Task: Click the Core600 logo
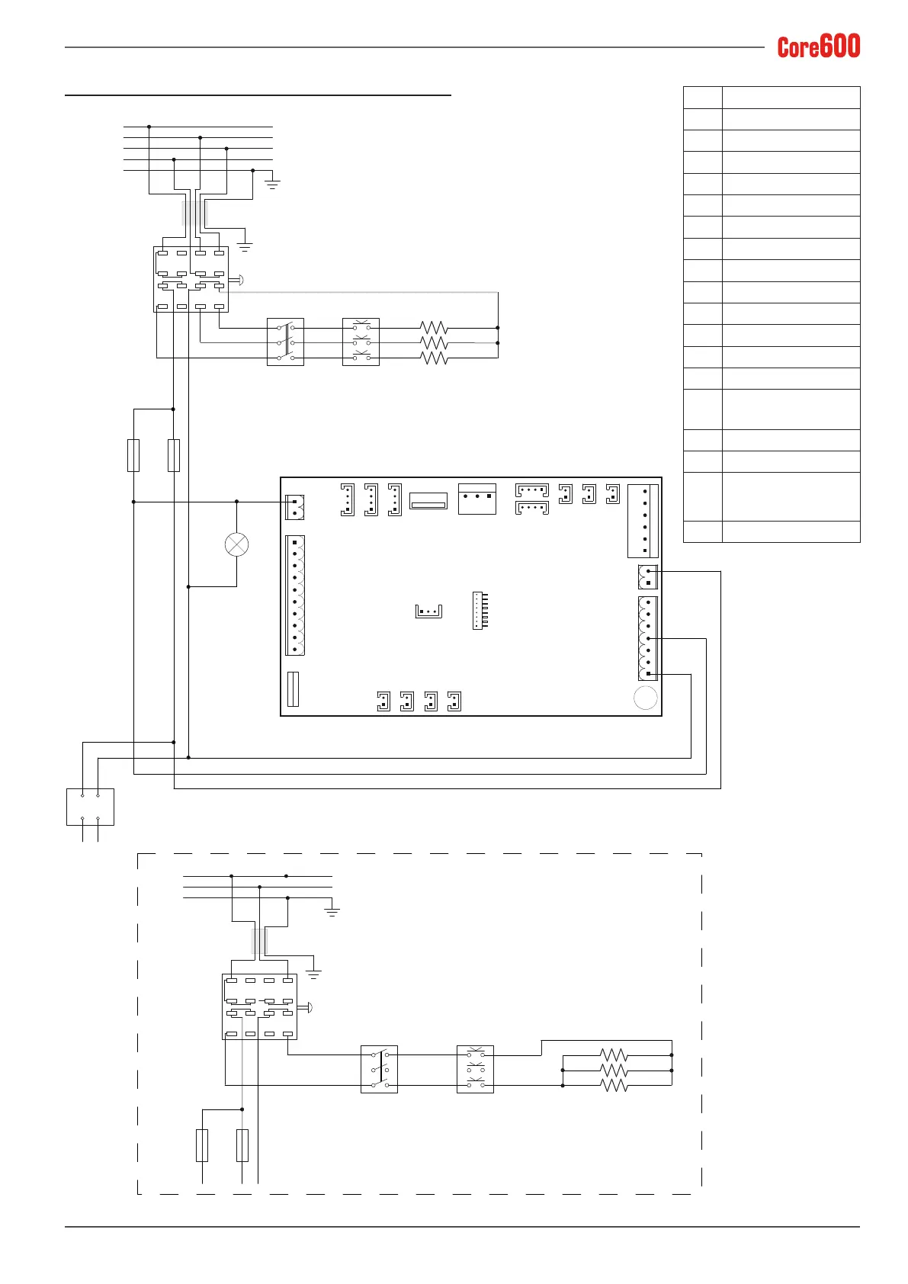tap(818, 46)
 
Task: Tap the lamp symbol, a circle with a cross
tap(237, 544)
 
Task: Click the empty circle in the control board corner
tap(646, 698)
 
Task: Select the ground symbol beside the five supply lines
tap(272, 184)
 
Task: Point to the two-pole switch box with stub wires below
tap(90, 807)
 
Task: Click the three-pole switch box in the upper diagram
tap(285, 342)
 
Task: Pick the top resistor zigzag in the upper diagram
tap(434, 328)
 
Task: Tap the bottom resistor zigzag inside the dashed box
tap(614, 1085)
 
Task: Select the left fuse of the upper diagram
tap(133, 456)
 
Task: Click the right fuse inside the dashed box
tap(242, 1145)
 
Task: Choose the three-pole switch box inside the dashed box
tap(379, 1069)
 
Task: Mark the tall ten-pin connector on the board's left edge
tap(295, 595)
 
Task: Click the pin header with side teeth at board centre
tap(480, 611)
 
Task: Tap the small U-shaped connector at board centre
tap(428, 611)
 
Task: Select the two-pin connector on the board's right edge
tap(648, 577)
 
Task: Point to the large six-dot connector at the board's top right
tap(643, 521)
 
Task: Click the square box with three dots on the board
tap(477, 499)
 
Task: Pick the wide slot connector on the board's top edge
tap(428, 500)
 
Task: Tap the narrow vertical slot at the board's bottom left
tap(293, 689)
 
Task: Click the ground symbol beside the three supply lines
tap(332, 911)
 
